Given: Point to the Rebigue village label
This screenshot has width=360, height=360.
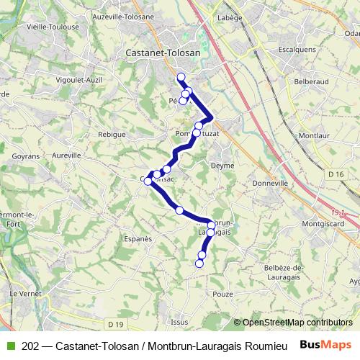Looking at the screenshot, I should [x=113, y=135].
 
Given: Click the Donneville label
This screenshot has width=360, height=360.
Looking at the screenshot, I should [x=271, y=184].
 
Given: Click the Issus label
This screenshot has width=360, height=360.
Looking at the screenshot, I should [x=180, y=322].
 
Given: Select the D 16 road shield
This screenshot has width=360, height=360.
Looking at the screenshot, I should [x=335, y=174].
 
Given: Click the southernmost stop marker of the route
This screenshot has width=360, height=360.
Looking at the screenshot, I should [x=199, y=264].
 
